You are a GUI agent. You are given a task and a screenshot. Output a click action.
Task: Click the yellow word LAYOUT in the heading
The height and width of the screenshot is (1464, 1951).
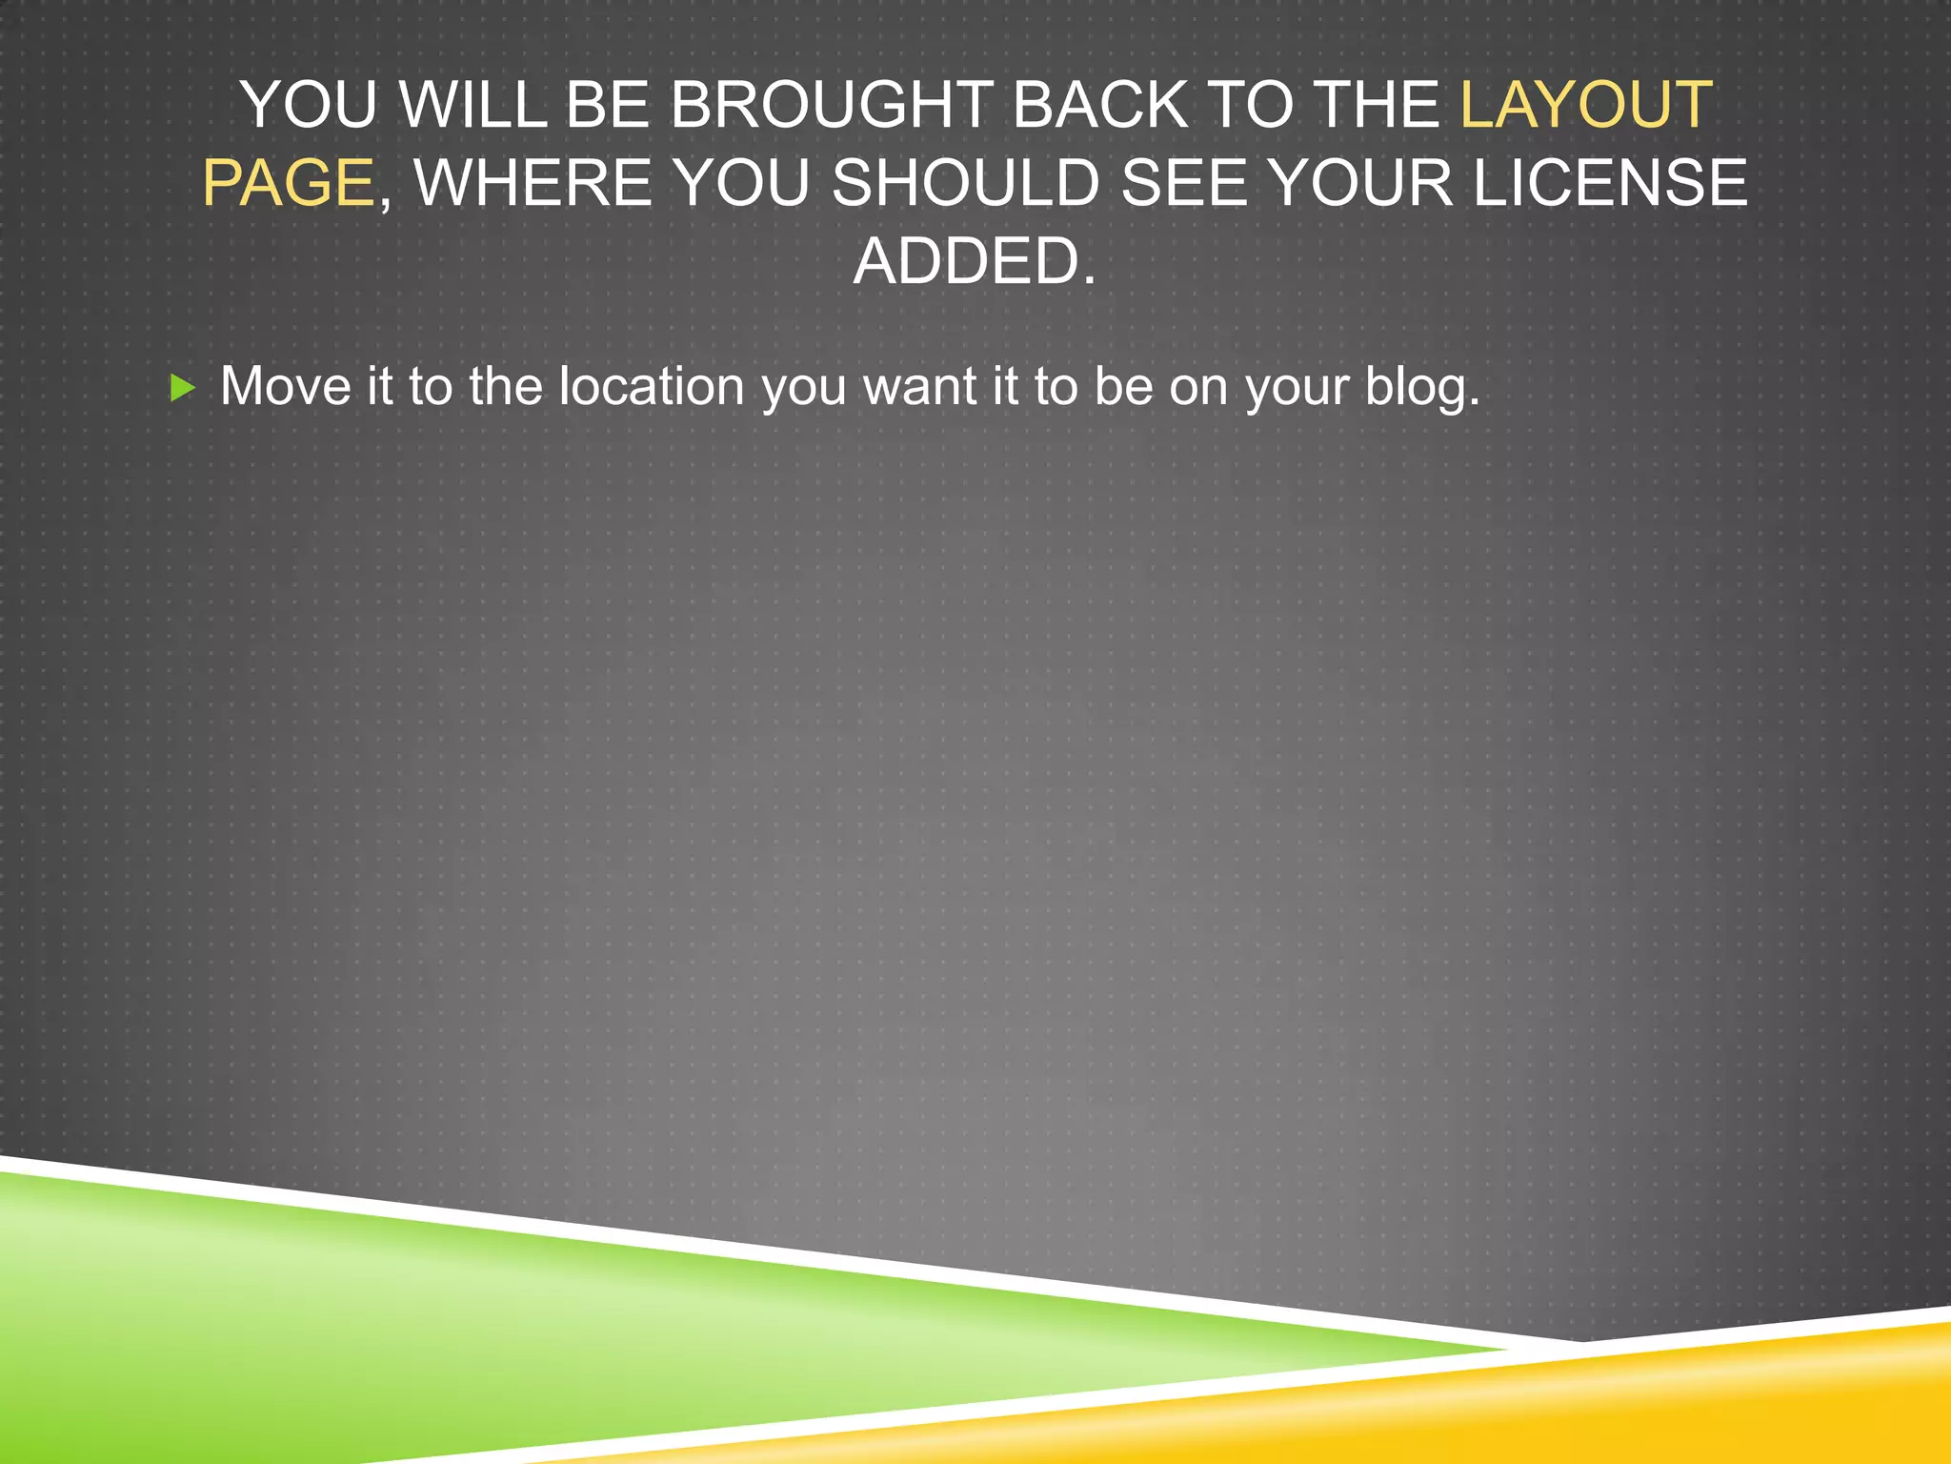click(1586, 105)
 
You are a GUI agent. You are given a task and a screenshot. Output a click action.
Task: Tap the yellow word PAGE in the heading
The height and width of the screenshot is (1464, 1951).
click(288, 183)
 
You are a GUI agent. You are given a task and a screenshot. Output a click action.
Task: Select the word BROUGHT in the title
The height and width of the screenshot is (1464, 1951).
click(831, 105)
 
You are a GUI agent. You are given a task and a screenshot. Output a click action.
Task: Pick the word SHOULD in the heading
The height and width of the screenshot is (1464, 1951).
click(966, 183)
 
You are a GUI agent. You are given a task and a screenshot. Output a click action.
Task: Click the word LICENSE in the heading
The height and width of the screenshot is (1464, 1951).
click(1610, 183)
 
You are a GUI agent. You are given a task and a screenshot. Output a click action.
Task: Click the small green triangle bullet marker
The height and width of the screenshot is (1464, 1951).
click(182, 388)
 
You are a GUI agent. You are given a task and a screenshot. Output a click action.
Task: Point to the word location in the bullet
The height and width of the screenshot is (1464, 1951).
click(652, 387)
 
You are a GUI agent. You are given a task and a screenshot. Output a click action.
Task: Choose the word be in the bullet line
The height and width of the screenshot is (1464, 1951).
click(1122, 387)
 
